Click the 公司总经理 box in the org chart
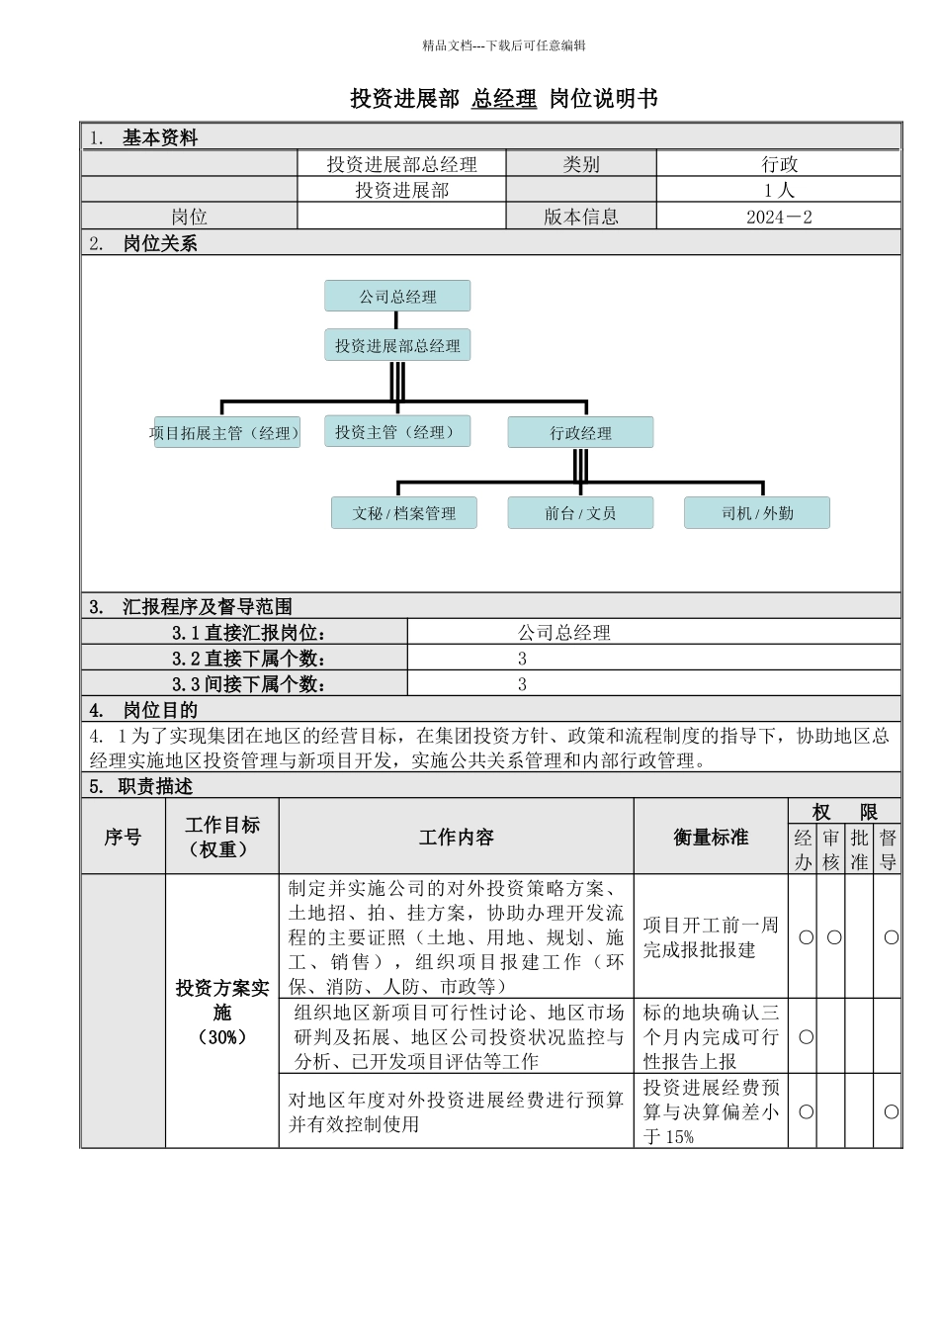click(397, 297)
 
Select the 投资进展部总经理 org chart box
click(397, 346)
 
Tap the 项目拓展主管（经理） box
click(225, 433)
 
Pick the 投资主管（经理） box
click(396, 432)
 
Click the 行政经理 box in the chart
click(580, 433)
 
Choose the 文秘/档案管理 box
click(404, 513)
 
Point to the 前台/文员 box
click(580, 513)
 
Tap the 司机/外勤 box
click(757, 513)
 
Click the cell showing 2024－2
click(779, 217)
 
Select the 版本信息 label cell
click(581, 217)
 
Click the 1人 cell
click(779, 190)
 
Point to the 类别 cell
click(581, 164)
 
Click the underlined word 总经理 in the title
click(504, 99)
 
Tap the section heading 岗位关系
click(160, 243)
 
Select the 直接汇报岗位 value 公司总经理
click(564, 633)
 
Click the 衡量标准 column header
click(711, 838)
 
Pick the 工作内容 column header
click(456, 838)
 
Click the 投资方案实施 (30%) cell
click(222, 1012)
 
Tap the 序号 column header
click(123, 838)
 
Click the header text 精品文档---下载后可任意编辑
click(504, 44)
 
